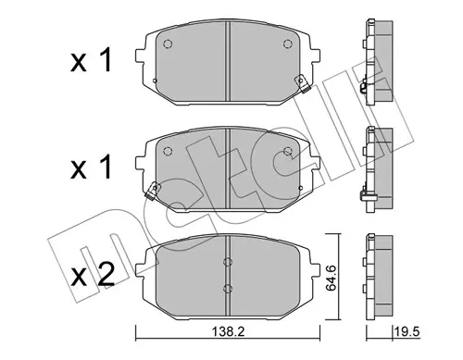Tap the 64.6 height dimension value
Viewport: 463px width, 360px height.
click(332, 277)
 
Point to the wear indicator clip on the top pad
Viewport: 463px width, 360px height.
click(302, 84)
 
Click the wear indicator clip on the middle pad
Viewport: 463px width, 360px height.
click(153, 191)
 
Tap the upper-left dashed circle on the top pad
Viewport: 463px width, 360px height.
click(168, 44)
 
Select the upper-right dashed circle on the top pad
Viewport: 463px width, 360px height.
click(287, 44)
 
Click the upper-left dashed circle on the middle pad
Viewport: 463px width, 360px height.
click(168, 151)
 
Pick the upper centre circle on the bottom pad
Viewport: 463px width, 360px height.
click(228, 262)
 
